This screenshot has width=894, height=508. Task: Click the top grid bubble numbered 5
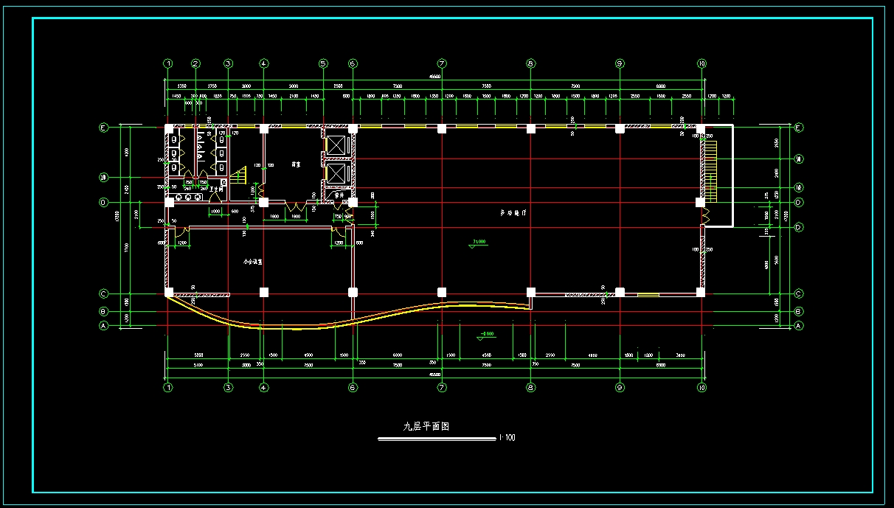point(323,63)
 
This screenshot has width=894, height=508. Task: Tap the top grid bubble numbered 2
point(195,63)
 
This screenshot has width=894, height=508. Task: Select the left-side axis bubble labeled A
point(104,325)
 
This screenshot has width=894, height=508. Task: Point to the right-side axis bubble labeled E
point(799,128)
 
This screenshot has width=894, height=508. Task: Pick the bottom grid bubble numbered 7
point(442,388)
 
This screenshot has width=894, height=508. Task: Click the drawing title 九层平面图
point(426,426)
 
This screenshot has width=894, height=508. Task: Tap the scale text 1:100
point(507,438)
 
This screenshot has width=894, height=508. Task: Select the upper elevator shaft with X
point(336,145)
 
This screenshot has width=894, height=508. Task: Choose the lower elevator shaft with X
point(336,174)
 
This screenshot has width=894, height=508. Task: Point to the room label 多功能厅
point(512,212)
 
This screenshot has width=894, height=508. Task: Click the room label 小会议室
point(254,261)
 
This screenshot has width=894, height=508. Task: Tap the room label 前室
point(296,164)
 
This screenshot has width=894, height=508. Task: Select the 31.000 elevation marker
point(478,243)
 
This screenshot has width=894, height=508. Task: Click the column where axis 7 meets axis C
point(442,292)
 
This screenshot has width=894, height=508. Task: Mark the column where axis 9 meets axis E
point(620,128)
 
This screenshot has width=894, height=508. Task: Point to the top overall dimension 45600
point(435,76)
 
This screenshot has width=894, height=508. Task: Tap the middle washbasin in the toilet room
point(189,197)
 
